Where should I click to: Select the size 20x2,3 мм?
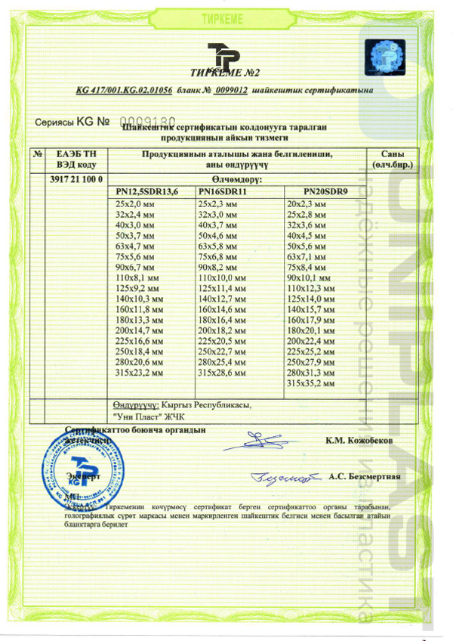click(307, 205)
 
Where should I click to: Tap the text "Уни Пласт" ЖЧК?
click(148, 416)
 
